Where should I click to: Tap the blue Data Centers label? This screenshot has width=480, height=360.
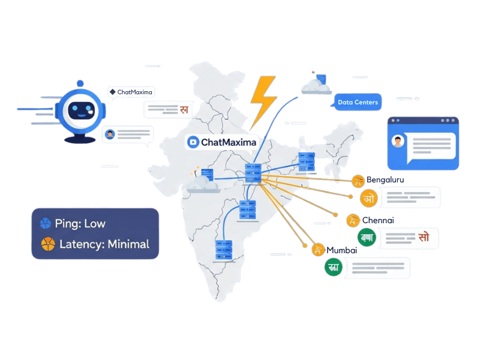click(358, 103)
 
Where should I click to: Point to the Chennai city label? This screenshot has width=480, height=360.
click(377, 220)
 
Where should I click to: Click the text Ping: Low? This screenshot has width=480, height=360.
click(80, 224)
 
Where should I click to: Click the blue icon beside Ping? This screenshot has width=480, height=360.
click(46, 224)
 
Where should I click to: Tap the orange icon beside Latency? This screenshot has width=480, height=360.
click(46, 244)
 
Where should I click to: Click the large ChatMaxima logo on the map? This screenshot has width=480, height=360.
click(222, 142)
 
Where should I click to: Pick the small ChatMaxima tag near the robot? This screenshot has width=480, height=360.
click(131, 92)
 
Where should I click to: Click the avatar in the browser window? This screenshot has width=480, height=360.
click(398, 142)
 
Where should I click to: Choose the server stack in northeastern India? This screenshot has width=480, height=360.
click(307, 160)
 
